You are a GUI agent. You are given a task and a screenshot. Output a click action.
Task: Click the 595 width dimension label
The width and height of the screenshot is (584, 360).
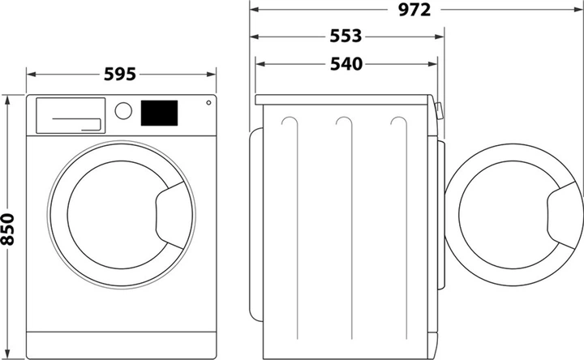122,74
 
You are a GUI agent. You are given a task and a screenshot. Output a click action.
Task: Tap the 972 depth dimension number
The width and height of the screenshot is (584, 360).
414,10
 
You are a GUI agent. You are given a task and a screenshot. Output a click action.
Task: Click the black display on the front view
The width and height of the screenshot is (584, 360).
160,113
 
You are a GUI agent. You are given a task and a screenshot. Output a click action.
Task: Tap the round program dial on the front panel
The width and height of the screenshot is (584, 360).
123,111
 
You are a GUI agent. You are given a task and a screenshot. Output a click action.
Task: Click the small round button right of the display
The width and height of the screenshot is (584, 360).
208,103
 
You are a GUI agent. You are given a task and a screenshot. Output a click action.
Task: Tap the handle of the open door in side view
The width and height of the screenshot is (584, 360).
565,212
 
